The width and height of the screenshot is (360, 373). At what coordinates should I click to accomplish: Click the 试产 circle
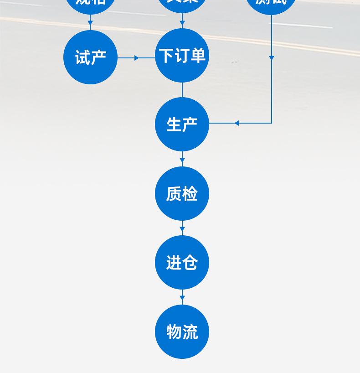[x=90, y=57]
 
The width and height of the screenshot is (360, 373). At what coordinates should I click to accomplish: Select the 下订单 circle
[x=182, y=56]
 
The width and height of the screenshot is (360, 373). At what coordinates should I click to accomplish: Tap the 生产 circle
[x=182, y=124]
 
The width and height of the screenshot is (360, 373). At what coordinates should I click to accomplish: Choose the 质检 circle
[x=182, y=194]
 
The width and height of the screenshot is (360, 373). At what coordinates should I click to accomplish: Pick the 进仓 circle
[x=182, y=263]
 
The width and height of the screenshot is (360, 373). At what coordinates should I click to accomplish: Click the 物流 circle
[x=182, y=332]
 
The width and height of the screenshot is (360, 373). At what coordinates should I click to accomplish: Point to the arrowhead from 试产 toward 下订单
[x=137, y=58]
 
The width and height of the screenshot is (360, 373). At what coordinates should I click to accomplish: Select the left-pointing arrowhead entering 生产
[x=237, y=123]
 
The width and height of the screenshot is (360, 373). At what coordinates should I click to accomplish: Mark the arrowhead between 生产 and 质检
[x=182, y=161]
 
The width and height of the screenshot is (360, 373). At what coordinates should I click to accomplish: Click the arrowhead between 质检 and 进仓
[x=182, y=229]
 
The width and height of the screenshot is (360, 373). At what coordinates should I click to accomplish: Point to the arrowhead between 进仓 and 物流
[x=182, y=299]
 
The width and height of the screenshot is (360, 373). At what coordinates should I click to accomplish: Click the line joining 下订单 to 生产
[x=182, y=90]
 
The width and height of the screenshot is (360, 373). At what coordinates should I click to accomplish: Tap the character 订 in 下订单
[x=182, y=56]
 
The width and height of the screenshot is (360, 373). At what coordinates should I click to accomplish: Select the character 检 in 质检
[x=190, y=194]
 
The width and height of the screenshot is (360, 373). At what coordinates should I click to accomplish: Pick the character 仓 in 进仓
[x=190, y=263]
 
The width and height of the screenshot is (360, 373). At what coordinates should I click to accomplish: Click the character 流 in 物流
[x=190, y=332]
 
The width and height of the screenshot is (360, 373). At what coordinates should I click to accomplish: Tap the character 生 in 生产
[x=174, y=124]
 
